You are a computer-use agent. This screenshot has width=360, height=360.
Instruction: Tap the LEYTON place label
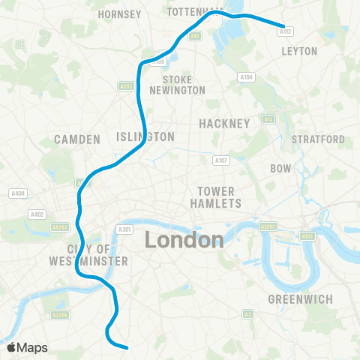(299, 51)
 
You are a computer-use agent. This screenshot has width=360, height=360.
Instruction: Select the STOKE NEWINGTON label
(183, 85)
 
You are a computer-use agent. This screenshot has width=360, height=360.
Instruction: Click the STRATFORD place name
(318, 139)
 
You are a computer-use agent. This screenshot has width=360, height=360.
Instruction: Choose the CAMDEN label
(77, 139)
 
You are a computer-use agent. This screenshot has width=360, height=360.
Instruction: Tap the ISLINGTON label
(145, 136)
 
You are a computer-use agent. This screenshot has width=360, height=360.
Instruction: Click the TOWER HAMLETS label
(218, 197)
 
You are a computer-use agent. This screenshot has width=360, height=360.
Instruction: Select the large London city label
(184, 240)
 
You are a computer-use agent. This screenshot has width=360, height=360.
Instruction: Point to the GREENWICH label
(300, 300)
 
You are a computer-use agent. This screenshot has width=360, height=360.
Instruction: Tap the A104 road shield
(245, 76)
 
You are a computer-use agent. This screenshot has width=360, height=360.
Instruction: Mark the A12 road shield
(268, 119)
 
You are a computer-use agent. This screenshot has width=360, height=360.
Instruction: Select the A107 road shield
(220, 160)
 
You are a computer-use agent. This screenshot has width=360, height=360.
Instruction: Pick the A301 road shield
(125, 229)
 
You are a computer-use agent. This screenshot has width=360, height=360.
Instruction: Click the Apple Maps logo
(27, 347)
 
